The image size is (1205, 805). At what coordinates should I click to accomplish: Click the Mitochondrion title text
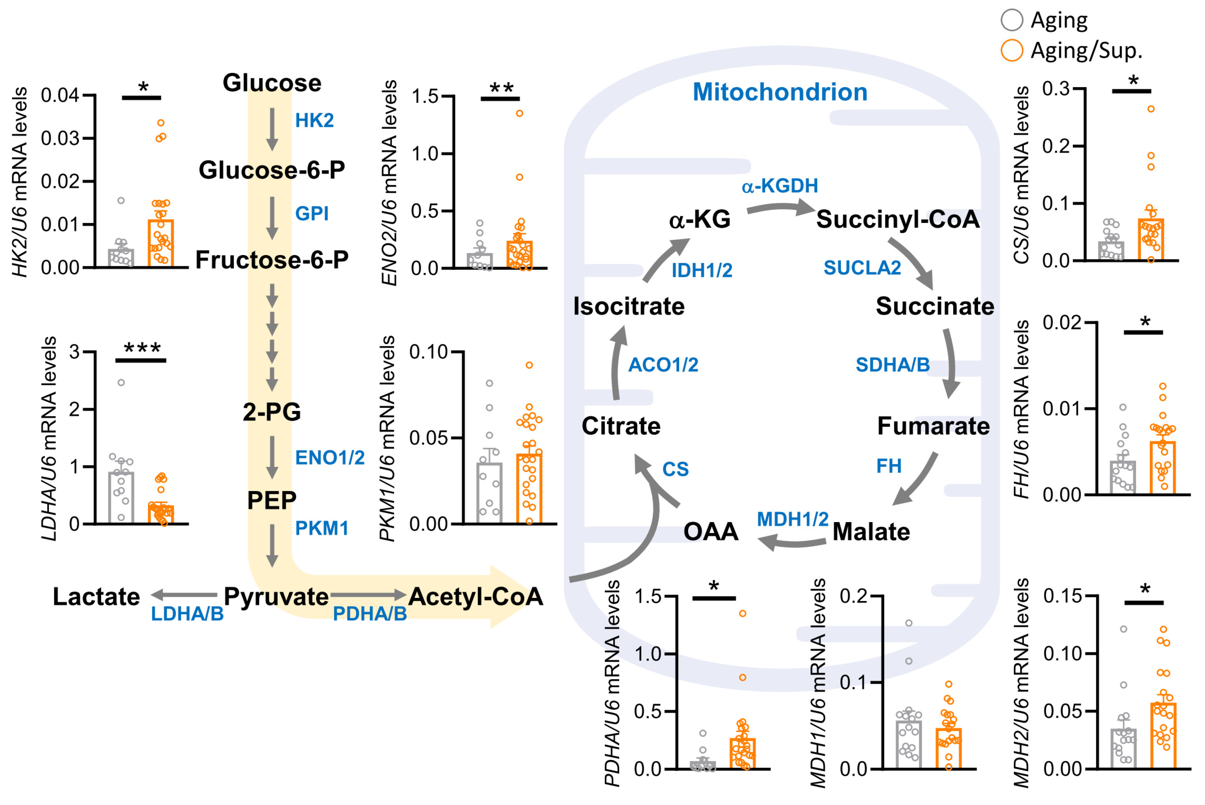click(x=780, y=92)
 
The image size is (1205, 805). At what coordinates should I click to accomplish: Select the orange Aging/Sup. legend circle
click(x=1012, y=51)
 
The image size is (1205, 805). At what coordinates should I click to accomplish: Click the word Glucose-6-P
click(x=272, y=170)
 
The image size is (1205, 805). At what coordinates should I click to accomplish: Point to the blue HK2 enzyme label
click(x=314, y=121)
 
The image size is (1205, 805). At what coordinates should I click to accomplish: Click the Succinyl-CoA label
click(x=898, y=219)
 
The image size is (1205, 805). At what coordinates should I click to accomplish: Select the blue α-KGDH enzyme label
click(x=779, y=186)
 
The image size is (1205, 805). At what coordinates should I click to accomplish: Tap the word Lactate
click(x=96, y=597)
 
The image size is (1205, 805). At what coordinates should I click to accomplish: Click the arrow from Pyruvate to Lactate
click(x=184, y=595)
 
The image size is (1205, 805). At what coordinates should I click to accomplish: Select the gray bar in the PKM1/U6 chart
click(x=489, y=493)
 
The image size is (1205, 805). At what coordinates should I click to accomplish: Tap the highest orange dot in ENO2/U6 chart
click(x=520, y=113)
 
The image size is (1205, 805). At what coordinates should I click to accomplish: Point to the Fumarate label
click(x=933, y=426)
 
